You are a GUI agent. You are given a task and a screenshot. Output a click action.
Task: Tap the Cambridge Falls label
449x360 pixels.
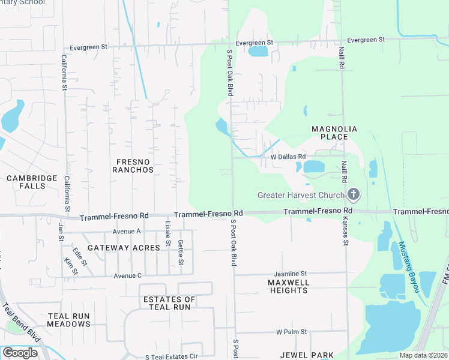[32, 182]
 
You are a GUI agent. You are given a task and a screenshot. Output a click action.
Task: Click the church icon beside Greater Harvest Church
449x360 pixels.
[354, 194]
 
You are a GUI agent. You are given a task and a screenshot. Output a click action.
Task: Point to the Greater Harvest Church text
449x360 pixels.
[301, 195]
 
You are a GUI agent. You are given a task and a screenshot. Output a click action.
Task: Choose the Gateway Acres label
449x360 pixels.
[124, 247]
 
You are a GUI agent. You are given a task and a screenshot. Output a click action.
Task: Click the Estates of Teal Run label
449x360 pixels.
[169, 303]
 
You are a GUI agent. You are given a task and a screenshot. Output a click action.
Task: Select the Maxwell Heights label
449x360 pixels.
[289, 286]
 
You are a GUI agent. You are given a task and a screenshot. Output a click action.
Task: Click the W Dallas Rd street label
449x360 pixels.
[289, 157]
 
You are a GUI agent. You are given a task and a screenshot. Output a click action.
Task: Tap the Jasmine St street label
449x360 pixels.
[291, 273]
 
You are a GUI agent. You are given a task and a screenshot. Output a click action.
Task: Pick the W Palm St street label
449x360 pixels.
[291, 331]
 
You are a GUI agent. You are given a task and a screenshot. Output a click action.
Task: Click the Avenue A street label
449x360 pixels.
[126, 231]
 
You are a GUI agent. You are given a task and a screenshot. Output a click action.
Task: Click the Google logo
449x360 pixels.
[20, 353]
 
